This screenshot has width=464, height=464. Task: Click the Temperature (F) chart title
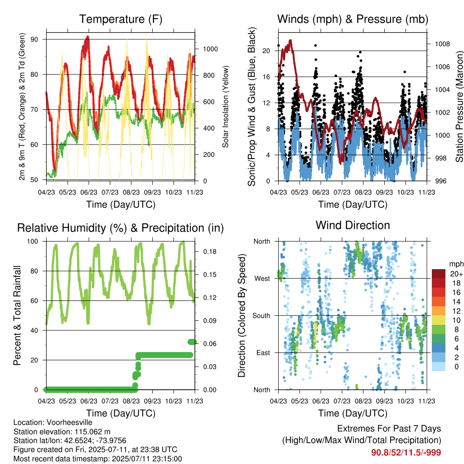click(121, 19)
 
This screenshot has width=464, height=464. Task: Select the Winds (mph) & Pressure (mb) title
click(353, 19)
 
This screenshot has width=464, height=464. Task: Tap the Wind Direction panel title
click(353, 225)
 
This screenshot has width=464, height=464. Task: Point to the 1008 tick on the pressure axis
click(442, 44)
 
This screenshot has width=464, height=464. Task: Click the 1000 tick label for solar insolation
click(210, 49)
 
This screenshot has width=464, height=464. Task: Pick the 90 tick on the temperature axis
click(34, 39)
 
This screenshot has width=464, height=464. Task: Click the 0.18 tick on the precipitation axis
click(210, 252)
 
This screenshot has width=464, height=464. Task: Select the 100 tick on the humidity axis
click(33, 242)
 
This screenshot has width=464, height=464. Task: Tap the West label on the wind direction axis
click(262, 279)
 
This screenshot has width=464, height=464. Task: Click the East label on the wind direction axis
click(263, 353)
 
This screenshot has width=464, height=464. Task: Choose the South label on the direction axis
click(261, 316)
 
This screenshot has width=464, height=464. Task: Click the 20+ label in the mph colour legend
click(456, 274)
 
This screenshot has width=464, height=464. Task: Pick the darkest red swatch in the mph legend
click(439, 274)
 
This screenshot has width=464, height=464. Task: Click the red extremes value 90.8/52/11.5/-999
click(406, 453)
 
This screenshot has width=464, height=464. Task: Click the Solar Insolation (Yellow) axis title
click(226, 106)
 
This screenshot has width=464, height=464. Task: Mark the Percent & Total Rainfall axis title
click(17, 315)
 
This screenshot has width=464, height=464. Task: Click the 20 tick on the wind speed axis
click(266, 51)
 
